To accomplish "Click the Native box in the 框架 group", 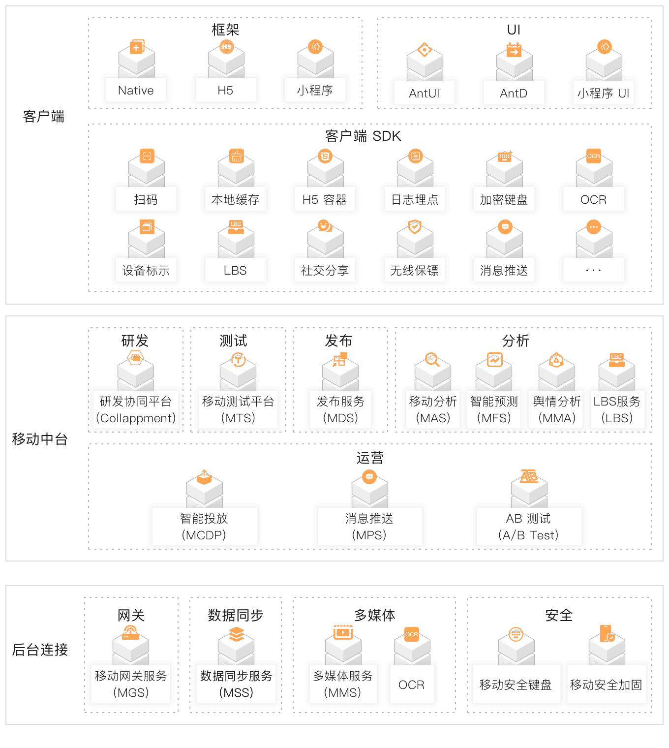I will pyautogui.click(x=136, y=91).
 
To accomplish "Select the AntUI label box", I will pyautogui.click(x=424, y=93).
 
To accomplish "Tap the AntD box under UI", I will pyautogui.click(x=514, y=93).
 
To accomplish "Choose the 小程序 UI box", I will pyautogui.click(x=603, y=93).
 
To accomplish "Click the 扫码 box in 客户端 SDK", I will pyautogui.click(x=146, y=200).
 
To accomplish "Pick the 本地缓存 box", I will pyautogui.click(x=236, y=200).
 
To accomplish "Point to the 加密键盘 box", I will pyautogui.click(x=504, y=200).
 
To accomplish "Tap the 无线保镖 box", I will pyautogui.click(x=415, y=271).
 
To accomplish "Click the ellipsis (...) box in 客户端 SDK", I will pyautogui.click(x=594, y=271).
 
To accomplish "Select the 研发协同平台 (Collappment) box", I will pyautogui.click(x=136, y=410).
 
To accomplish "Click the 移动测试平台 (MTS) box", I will pyautogui.click(x=238, y=410).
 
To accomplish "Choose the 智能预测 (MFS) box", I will pyautogui.click(x=494, y=410).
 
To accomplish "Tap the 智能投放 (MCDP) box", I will pyautogui.click(x=204, y=527).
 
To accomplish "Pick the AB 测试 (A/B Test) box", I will pyautogui.click(x=529, y=527).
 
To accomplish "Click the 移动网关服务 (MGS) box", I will pyautogui.click(x=131, y=684).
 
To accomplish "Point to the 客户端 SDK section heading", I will pyautogui.click(x=363, y=136).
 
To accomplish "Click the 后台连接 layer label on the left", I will pyautogui.click(x=40, y=650).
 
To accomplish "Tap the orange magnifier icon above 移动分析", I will pyautogui.click(x=432, y=360).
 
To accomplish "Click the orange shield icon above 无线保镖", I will pyautogui.click(x=415, y=227).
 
